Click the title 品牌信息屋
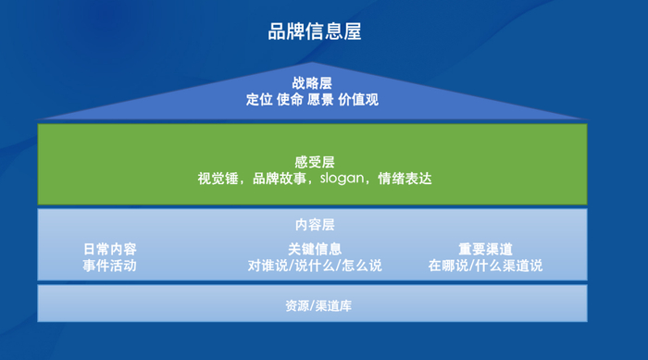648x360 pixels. [315, 31]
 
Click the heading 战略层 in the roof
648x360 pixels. [312, 83]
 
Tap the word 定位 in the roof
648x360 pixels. [259, 100]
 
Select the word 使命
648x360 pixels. [290, 100]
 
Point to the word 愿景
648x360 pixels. [320, 100]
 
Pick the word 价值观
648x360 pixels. [358, 100]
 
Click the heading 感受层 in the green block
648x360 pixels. [315, 162]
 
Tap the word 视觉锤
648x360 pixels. [218, 179]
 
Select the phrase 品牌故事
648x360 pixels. [280, 179]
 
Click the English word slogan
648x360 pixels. [343, 179]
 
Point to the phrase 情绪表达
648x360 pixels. [405, 179]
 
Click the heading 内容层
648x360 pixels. [315, 225]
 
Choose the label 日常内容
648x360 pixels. [110, 249]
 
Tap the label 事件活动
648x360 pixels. [109, 266]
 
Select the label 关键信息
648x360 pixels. [315, 249]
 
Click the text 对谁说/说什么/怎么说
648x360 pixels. [315, 266]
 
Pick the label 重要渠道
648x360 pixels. [486, 249]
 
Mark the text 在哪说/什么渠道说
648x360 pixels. [486, 266]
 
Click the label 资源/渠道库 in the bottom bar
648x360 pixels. [318, 305]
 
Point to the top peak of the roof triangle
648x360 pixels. [313, 62]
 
